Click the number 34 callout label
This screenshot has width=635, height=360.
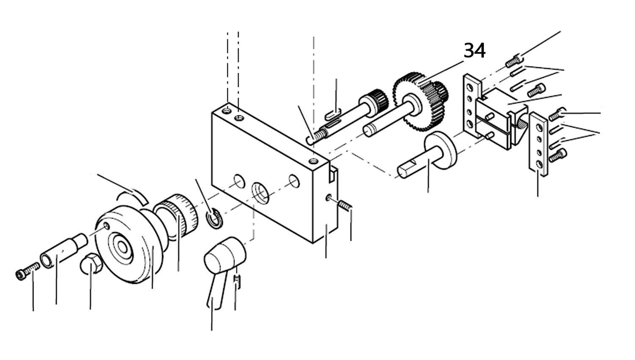(475, 51)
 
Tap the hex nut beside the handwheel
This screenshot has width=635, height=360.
(90, 264)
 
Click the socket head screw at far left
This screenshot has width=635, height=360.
(27, 271)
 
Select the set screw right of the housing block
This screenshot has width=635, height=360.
(346, 206)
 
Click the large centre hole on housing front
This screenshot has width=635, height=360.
(260, 191)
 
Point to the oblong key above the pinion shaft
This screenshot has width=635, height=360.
(333, 113)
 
